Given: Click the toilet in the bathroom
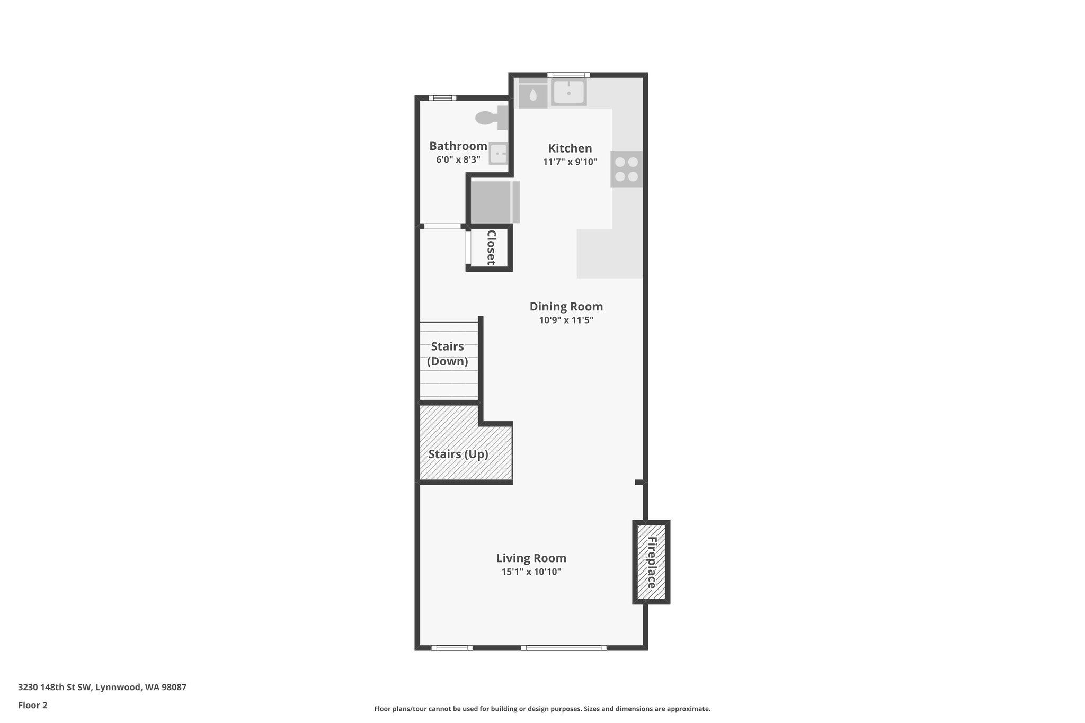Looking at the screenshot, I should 491,118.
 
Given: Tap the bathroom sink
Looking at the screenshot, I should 498,154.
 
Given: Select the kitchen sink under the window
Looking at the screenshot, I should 568,92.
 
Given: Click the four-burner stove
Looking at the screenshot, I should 626,169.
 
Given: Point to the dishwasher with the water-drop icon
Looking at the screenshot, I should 532,95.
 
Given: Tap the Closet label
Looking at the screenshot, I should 491,247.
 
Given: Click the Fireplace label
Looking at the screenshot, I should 652,563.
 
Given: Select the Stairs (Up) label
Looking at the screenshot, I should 458,454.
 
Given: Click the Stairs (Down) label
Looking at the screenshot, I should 448,354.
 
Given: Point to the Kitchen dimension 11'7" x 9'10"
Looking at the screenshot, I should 570,162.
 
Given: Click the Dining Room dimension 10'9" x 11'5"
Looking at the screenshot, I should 566,320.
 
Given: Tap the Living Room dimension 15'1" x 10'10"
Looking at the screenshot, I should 531,572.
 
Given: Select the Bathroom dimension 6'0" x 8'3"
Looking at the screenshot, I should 458,159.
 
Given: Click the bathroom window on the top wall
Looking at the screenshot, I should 442,97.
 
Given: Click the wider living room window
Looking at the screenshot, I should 564,647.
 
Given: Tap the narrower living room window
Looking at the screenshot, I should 452,647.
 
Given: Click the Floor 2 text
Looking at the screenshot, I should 33,705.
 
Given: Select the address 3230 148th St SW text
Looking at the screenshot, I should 102,687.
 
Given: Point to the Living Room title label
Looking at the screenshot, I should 531,558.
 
